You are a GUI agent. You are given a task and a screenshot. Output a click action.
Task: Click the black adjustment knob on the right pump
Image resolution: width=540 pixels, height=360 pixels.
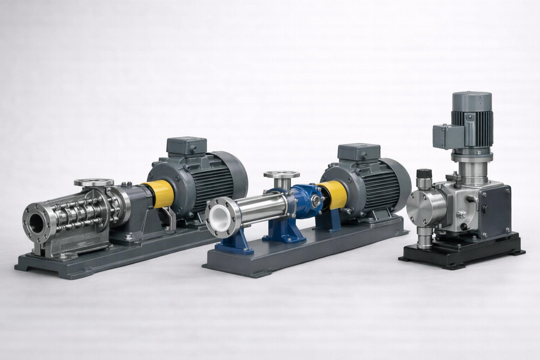click(x=423, y=174)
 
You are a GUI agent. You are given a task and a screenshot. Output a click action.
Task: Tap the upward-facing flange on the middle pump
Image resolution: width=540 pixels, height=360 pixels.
click(x=281, y=174)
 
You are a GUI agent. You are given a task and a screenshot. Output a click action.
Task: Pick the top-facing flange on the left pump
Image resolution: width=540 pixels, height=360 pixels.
click(x=94, y=182)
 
